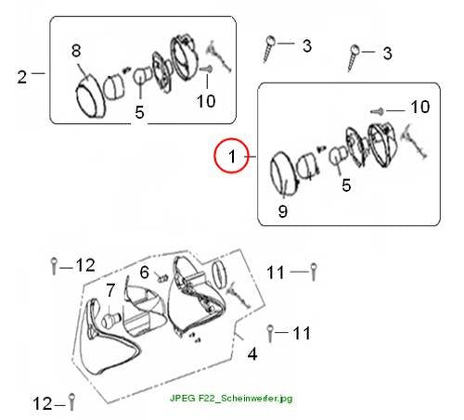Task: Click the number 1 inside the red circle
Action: coord(232,156)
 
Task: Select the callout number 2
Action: coord(22,77)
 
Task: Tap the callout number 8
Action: coord(76,51)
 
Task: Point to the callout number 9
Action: coord(283,211)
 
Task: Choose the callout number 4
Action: coord(252,354)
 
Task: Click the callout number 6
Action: coord(145,273)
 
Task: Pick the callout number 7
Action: coord(110,290)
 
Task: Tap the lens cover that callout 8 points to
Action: coord(91,96)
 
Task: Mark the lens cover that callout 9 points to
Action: coord(283,174)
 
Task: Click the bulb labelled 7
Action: coord(110,320)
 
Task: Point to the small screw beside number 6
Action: coord(162,278)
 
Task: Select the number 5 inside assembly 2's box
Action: coord(139,112)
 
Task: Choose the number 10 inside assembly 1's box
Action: coord(420,107)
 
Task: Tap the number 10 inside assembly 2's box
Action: coord(206,101)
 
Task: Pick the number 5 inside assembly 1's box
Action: coord(346,185)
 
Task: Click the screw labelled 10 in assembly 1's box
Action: coord(378,111)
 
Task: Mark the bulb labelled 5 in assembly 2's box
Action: coord(141,76)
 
